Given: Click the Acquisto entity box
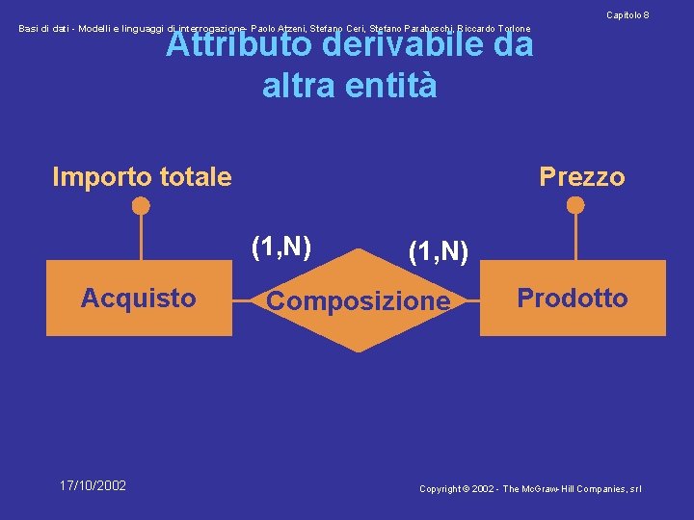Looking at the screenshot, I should coord(139,299).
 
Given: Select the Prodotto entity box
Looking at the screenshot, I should coord(573,299).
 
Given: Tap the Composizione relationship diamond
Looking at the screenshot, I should coord(358,301).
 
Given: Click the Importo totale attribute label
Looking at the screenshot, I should coord(142,177).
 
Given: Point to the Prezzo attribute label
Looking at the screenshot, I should coord(581,177).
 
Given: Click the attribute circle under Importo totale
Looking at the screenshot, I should coord(141,205).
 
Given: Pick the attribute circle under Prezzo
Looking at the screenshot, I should coord(575,205).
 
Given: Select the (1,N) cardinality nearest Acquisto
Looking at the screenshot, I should coord(280,247).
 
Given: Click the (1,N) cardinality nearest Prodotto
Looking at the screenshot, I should coord(438,252).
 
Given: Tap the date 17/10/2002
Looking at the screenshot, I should coord(93,485).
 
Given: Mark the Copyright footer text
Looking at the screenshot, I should coord(530,489).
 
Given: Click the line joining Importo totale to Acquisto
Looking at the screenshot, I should coord(141,236).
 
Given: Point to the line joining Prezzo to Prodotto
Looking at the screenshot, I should coord(575,236).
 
